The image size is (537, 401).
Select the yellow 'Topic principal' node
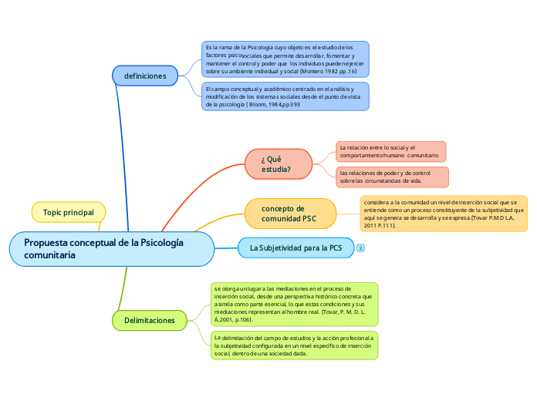[x=69, y=212]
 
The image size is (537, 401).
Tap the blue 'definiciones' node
[x=145, y=76]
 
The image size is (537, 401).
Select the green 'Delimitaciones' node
[x=149, y=319]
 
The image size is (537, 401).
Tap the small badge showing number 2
[x=360, y=248]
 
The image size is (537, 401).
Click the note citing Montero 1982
[x=284, y=59]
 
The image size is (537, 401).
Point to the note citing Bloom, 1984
[x=284, y=96]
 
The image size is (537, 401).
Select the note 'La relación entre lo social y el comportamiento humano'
[x=390, y=151]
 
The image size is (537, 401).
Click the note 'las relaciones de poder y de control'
[x=392, y=177]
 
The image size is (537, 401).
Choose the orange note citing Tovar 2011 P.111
[x=444, y=214]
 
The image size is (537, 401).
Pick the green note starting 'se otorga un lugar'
[x=294, y=303]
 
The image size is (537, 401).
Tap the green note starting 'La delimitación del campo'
[x=294, y=346]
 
